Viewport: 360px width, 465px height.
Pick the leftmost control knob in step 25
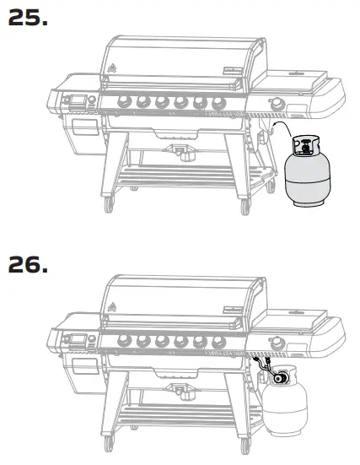coord(121,103)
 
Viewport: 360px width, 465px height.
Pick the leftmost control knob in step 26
coord(121,341)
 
